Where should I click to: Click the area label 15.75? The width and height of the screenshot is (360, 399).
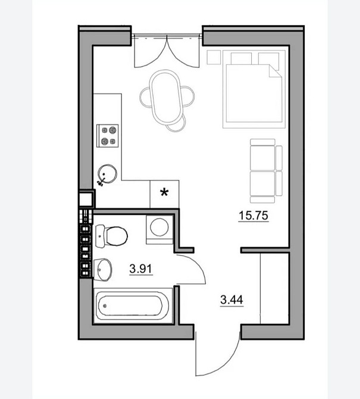(x=253, y=216)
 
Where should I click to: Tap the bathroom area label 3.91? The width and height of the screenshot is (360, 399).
(x=140, y=269)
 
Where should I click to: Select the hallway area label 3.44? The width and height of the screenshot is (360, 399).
(x=231, y=300)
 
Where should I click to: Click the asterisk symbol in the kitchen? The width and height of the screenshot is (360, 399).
(x=164, y=192)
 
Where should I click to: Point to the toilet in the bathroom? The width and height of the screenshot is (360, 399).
(x=111, y=236)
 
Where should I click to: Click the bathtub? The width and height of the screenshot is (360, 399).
(x=132, y=306)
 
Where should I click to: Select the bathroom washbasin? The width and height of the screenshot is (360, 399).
(x=103, y=270)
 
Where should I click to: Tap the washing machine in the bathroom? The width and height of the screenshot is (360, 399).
(x=159, y=230)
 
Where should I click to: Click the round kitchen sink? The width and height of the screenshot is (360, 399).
(x=108, y=173)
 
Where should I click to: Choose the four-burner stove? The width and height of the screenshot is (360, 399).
(x=108, y=136)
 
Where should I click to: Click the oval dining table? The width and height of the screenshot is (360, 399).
(x=165, y=97)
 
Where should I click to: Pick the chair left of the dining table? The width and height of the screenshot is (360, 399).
(x=145, y=97)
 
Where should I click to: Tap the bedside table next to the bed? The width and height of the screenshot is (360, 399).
(x=214, y=57)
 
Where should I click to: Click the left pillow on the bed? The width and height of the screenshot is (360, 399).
(x=241, y=58)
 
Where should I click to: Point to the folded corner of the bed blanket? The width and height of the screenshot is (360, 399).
(x=275, y=70)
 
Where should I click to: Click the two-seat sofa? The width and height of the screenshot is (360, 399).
(x=266, y=171)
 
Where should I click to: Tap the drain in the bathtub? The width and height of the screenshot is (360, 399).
(x=105, y=306)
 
